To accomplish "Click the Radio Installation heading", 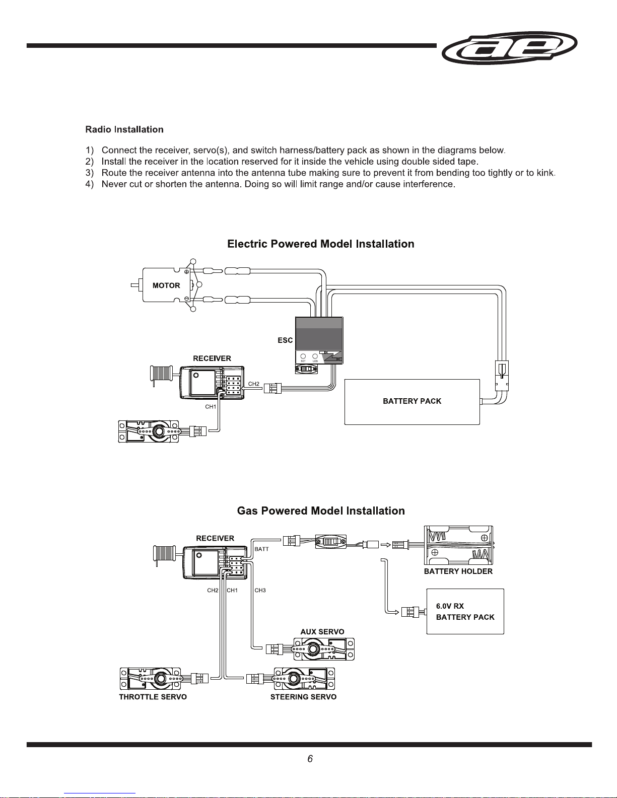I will [124, 129].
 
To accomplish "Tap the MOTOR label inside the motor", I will [166, 285].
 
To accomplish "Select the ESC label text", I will [285, 340].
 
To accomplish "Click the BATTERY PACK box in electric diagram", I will [412, 401].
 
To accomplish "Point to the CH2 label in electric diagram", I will [254, 384].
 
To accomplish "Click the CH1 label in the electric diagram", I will [211, 407].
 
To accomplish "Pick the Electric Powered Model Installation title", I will [321, 244].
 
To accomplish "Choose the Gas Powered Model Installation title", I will [321, 511].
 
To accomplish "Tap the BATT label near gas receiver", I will [262, 549].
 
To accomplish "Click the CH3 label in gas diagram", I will [260, 591].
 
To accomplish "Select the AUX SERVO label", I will [322, 632].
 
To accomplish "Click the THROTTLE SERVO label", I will [153, 697].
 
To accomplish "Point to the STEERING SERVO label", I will [303, 697].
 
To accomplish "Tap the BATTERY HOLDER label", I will [458, 571].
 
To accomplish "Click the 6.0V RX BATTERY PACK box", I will [465, 611].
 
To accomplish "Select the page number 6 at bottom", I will [310, 759].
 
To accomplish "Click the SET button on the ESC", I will [303, 356].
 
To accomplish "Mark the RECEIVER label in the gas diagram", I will [215, 538].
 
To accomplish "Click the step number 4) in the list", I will [90, 184].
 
